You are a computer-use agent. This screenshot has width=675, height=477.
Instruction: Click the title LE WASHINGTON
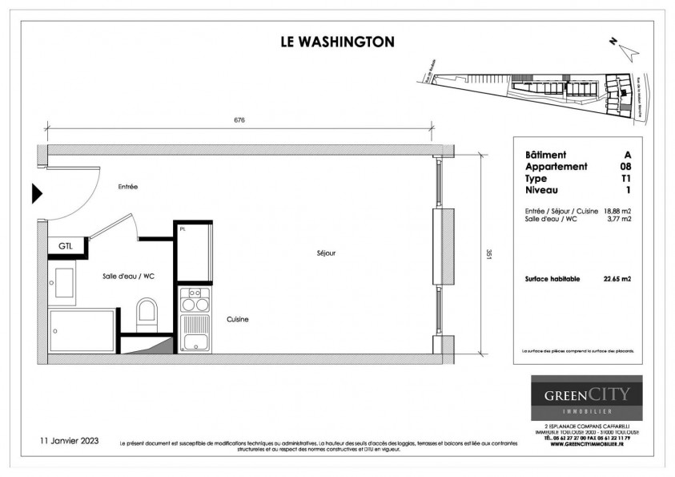[337, 41]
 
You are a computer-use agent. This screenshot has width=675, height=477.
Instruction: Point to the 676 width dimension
[239, 120]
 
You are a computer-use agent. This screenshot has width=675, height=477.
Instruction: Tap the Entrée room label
[128, 187]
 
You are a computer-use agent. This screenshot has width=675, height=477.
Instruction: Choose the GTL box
[65, 246]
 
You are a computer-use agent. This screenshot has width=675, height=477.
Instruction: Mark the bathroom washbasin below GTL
[62, 281]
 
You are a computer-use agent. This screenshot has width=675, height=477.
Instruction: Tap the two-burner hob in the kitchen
[192, 300]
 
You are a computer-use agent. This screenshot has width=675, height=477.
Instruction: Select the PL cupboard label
[183, 229]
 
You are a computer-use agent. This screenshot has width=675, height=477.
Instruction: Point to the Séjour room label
[325, 253]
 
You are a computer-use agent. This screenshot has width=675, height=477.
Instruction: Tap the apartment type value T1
[625, 178]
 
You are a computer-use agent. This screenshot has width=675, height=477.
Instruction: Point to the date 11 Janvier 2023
[70, 441]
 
